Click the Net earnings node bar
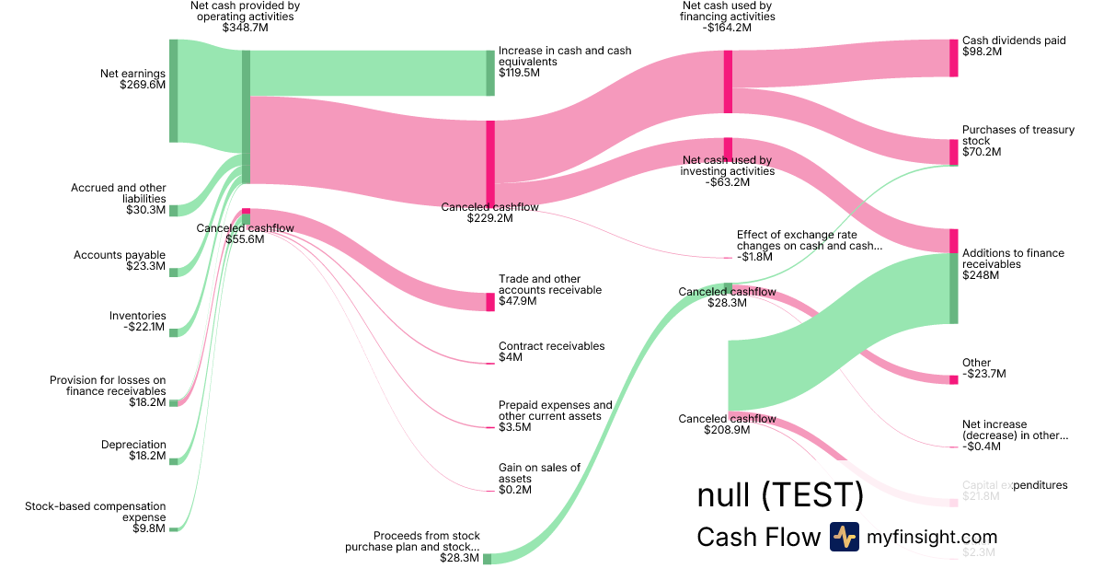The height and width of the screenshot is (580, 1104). [x=173, y=90]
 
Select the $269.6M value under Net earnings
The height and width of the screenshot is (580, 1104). [x=143, y=85]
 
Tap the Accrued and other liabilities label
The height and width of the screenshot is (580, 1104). [x=119, y=193]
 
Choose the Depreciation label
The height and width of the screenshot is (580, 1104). [x=133, y=445]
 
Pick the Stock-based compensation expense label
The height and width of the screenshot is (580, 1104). [x=96, y=511]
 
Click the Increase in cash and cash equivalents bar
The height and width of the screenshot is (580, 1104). [x=490, y=73]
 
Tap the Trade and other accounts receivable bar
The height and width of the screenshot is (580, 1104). [x=490, y=302]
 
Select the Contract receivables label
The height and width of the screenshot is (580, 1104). [x=551, y=346]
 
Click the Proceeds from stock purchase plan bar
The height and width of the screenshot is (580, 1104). [x=487, y=559]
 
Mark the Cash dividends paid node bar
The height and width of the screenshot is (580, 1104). [x=953, y=58]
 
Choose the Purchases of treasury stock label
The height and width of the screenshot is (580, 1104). [x=1018, y=135]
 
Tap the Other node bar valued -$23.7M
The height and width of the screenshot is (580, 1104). [x=953, y=379]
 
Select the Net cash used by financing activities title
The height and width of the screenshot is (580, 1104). [x=727, y=11]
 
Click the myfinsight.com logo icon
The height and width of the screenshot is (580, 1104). [x=844, y=537]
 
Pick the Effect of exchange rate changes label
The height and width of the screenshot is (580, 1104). [x=809, y=240]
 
